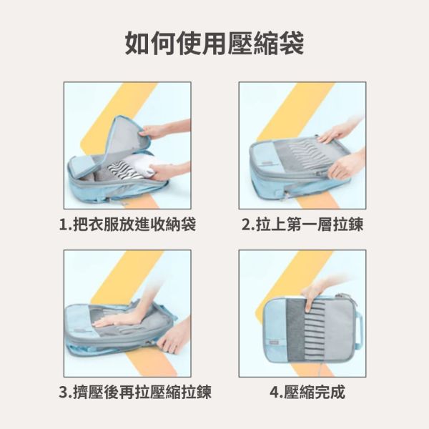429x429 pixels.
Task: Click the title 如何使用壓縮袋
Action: pyautogui.click(x=214, y=43)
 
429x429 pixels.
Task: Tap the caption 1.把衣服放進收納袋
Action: pyautogui.click(x=127, y=225)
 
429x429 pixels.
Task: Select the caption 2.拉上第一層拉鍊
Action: pyautogui.click(x=302, y=225)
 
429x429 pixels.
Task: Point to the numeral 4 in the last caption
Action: pyautogui.click(x=275, y=393)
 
